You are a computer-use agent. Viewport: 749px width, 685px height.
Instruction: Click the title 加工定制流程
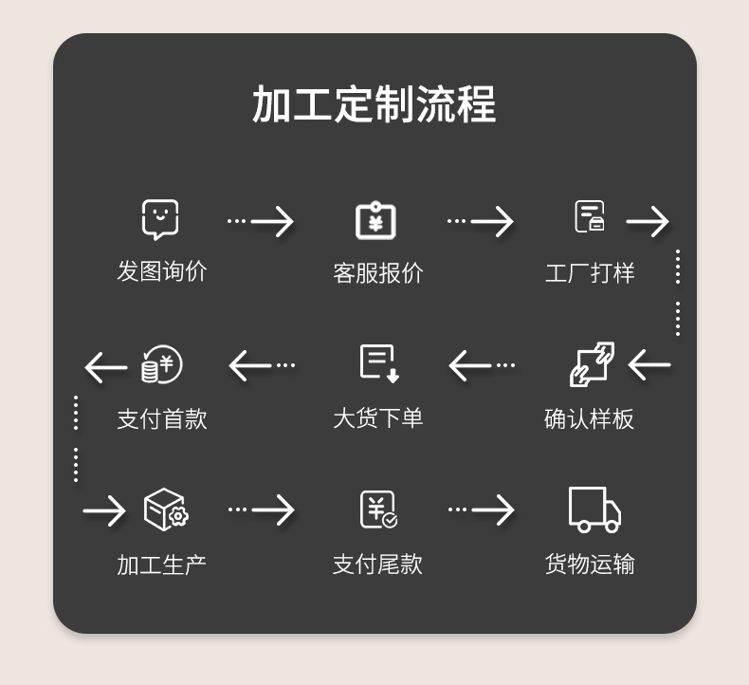pos(374,104)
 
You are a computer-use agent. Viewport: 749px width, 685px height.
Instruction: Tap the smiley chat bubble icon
pos(160,219)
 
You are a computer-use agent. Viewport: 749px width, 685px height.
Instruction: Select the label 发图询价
pos(161,271)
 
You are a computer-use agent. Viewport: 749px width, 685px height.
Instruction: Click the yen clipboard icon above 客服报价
pos(375,220)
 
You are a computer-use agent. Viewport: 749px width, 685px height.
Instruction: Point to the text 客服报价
pos(377,273)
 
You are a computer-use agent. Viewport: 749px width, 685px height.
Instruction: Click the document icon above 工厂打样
pos(589,216)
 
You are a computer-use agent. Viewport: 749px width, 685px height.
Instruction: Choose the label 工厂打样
pos(589,273)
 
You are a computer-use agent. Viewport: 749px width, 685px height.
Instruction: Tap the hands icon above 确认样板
pos(592,364)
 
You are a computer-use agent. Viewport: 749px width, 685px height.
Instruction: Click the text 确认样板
pos(589,418)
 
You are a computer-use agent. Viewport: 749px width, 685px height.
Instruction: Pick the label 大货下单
pos(377,418)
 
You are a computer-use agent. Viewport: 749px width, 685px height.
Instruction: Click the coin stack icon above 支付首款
pos(161,364)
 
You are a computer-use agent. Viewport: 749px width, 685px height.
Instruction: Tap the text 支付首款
pos(161,418)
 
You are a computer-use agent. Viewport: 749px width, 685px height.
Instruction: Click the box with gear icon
pos(165,509)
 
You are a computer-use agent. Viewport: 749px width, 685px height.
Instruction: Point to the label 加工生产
pos(161,565)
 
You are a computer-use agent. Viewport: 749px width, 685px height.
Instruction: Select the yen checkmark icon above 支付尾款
pos(377,509)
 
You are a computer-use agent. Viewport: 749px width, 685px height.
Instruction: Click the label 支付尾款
pos(377,565)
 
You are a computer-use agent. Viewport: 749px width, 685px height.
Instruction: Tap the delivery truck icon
pos(594,509)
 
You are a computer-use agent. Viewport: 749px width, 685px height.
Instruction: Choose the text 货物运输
pos(589,565)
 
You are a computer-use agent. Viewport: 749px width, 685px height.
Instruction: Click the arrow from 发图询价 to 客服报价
pos(261,221)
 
